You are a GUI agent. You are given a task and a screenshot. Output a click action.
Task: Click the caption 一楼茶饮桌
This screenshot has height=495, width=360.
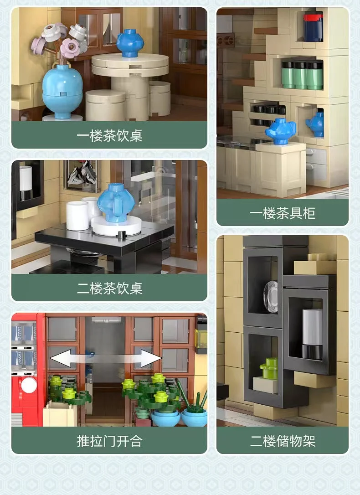[109, 136]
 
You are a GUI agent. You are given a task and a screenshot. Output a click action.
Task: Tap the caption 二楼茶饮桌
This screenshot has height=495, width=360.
[109, 288]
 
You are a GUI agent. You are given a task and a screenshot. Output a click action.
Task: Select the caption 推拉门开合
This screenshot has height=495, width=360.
[109, 441]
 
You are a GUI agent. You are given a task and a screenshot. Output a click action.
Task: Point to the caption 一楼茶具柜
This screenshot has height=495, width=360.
[283, 213]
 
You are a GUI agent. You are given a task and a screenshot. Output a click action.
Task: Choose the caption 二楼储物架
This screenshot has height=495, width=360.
[283, 441]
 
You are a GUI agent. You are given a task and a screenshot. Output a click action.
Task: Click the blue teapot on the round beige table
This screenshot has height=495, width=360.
[130, 43]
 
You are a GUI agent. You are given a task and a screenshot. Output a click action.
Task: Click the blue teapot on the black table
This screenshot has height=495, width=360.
[116, 202]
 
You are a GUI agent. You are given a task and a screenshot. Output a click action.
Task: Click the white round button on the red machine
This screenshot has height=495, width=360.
[29, 385]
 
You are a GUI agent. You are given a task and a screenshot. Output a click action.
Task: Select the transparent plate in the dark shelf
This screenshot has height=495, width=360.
[271, 297]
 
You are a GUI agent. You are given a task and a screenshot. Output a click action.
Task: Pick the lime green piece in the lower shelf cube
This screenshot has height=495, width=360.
[269, 368]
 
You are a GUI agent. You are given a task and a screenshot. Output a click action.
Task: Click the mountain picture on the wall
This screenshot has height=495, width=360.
[82, 175]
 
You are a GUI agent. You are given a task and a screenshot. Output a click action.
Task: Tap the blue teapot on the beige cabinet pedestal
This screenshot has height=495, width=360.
[281, 131]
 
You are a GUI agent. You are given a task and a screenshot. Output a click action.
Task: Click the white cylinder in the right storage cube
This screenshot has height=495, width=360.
[312, 334]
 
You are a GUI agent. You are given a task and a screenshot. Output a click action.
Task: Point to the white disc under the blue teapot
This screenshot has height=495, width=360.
[116, 226]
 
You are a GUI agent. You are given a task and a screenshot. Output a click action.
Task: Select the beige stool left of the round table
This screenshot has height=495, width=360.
[105, 105]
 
